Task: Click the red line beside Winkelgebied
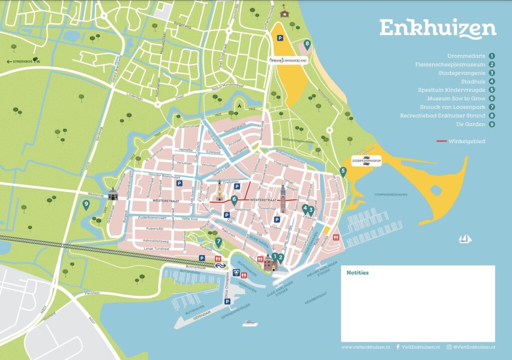tap(441, 141)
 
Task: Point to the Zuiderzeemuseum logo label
tap(367, 160)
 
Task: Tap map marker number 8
tap(307, 44)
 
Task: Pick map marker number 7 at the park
tap(218, 243)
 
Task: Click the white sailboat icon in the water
tap(465, 238)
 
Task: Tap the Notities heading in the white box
tap(357, 273)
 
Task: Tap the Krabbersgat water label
tap(315, 302)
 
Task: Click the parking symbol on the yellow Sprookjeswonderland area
tap(280, 38)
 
